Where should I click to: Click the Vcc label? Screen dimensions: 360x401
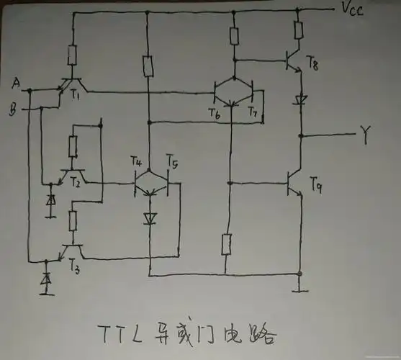(x=352, y=10)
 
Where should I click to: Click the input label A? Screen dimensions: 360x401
(x=16, y=85)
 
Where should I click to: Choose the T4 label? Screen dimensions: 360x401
(x=138, y=161)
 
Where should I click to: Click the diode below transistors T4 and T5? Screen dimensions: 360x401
(x=150, y=218)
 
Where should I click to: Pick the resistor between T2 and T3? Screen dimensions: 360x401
(x=73, y=218)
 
